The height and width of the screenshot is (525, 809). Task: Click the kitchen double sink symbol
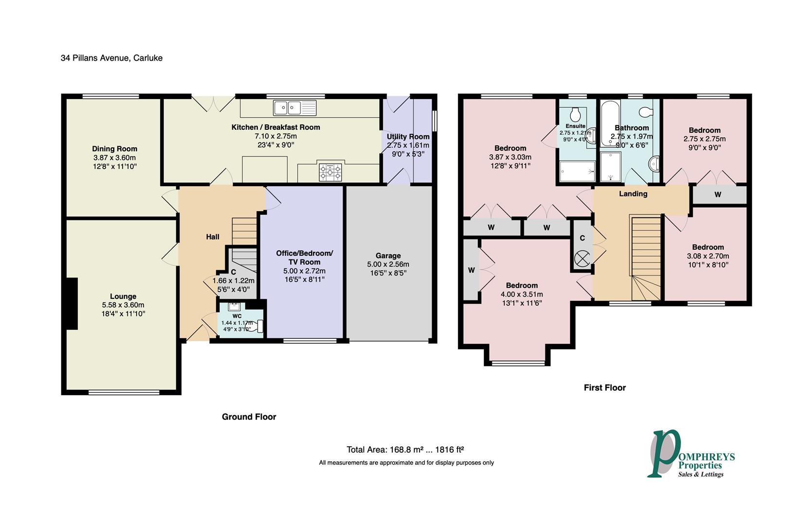pos(295,107)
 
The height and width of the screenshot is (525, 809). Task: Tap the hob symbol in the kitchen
pos(330,173)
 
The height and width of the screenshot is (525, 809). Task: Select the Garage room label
pos(388,256)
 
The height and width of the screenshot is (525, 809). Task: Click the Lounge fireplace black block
pos(71,304)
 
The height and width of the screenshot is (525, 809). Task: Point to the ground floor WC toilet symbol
pos(256,326)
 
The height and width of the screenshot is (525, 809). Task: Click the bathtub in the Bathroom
pos(607,123)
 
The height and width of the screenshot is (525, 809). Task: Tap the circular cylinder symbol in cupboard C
pos(582,258)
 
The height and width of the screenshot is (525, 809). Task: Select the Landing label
pos(633,194)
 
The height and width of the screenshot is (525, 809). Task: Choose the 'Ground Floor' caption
pos(249,417)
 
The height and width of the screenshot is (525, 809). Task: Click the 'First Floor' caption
pos(604,387)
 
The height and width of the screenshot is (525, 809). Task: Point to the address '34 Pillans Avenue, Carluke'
pos(111,58)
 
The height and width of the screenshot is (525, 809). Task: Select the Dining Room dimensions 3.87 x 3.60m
pos(114,157)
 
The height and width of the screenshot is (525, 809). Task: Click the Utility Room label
pos(408,137)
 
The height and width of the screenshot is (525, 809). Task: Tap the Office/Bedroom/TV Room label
pos(304,258)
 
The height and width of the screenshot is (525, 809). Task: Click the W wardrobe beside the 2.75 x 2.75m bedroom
pos(718,194)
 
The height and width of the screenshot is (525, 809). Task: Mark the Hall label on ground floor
pos(212,237)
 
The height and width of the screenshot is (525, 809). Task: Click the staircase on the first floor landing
pos(646,258)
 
